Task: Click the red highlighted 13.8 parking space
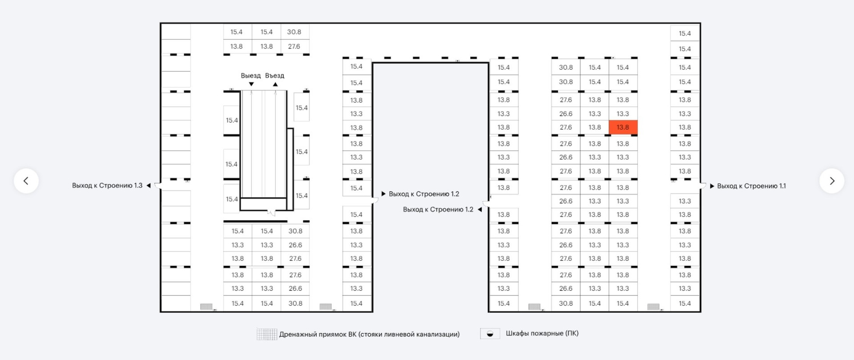[x=623, y=127]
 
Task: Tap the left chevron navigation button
[x=26, y=181]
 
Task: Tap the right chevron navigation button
[x=832, y=181]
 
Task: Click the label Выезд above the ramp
[x=251, y=76]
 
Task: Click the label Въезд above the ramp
[x=274, y=76]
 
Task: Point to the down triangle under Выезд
[x=251, y=84]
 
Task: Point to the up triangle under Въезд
[x=275, y=84]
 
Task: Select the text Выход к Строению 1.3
[x=107, y=186]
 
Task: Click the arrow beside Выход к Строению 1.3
[x=149, y=186]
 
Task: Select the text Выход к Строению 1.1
[x=751, y=186]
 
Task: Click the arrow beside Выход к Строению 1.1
[x=712, y=186]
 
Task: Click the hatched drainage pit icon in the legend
[x=267, y=334]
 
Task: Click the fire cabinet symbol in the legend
[x=490, y=334]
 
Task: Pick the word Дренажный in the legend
[x=298, y=334]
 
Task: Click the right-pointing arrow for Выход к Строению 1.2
[x=383, y=194]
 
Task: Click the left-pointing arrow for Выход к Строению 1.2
[x=479, y=210]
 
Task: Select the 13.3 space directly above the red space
[x=623, y=114]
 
